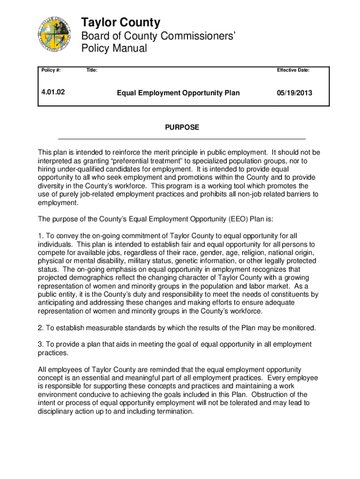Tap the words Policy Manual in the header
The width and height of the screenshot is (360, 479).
point(114,48)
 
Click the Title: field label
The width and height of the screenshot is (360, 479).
point(92,70)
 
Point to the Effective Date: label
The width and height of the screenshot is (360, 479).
point(293,70)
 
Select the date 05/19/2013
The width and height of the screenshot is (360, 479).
point(294,93)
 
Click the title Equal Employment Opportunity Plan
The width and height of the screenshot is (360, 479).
point(178,93)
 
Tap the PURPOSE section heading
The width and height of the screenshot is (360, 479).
point(181,127)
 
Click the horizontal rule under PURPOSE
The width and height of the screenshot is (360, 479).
point(181,139)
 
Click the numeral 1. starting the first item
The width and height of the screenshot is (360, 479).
point(40,236)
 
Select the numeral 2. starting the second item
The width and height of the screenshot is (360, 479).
point(40,328)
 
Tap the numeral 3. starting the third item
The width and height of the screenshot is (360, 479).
point(40,344)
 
